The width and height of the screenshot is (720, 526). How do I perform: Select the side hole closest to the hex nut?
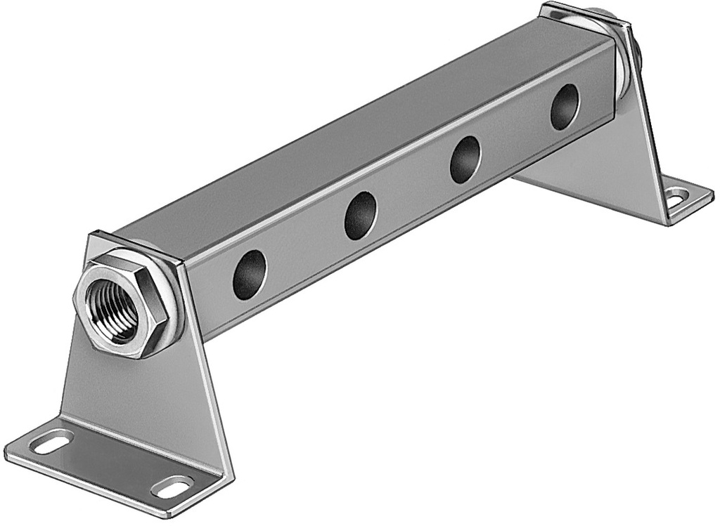tap(250, 275)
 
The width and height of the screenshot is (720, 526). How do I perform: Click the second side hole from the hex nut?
tap(360, 216)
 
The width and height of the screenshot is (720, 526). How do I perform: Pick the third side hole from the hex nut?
tap(465, 159)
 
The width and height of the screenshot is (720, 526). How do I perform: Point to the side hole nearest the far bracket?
tap(565, 107)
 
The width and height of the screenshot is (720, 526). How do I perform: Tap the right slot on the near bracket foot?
tap(173, 487)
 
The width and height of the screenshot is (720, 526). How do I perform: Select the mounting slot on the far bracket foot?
tap(677, 198)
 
